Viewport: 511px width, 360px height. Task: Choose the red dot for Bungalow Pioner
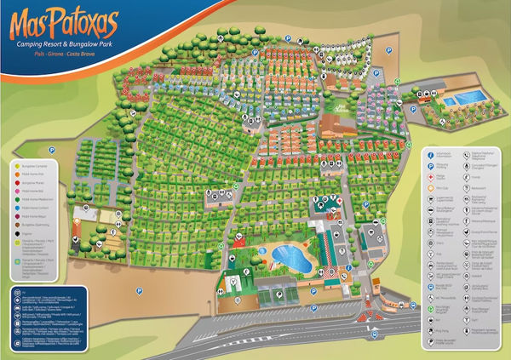tap(18, 183)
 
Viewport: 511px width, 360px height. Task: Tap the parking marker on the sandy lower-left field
tap(138, 291)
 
